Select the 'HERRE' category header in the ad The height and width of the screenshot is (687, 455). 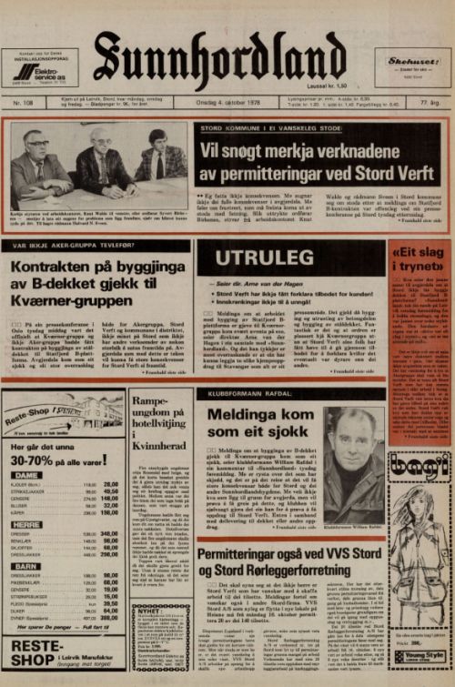pos(29,524)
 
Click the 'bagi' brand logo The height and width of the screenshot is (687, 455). pos(418,470)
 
